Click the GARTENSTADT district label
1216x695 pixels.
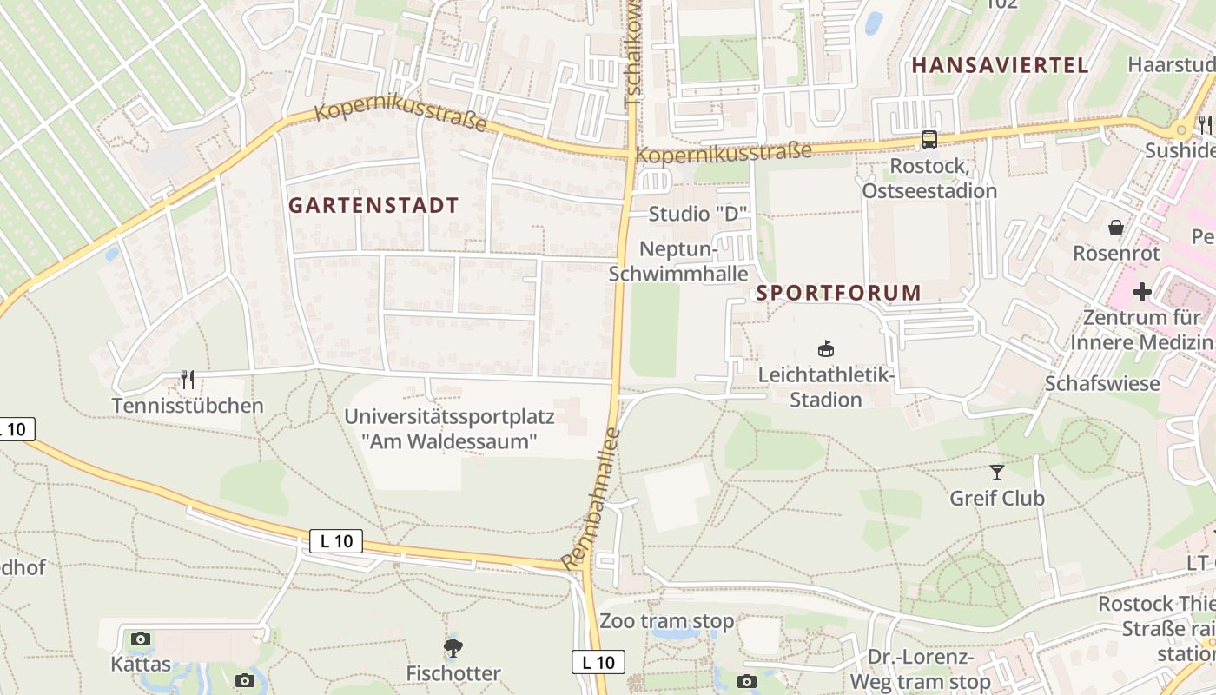[373, 206]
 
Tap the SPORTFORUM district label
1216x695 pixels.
[838, 293]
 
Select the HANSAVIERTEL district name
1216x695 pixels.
[999, 65]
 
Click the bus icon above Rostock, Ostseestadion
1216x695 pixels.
[929, 139]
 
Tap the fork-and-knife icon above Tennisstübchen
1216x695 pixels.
[187, 379]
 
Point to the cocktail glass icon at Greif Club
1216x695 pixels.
[997, 473]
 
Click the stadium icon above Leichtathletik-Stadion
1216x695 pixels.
[825, 349]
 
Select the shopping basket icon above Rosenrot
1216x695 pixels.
[1116, 228]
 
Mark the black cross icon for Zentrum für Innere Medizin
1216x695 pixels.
[1142, 292]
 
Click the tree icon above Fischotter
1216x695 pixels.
[453, 647]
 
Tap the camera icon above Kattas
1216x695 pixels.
[141, 639]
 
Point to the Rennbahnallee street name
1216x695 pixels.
[591, 499]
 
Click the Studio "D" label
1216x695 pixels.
[697, 215]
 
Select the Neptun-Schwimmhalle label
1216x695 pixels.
[678, 261]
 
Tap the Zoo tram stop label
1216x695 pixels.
[666, 622]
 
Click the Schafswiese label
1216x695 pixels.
[1102, 383]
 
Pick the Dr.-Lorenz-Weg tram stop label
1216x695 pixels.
[921, 670]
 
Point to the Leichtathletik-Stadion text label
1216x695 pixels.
[825, 387]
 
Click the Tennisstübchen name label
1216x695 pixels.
[188, 406]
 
